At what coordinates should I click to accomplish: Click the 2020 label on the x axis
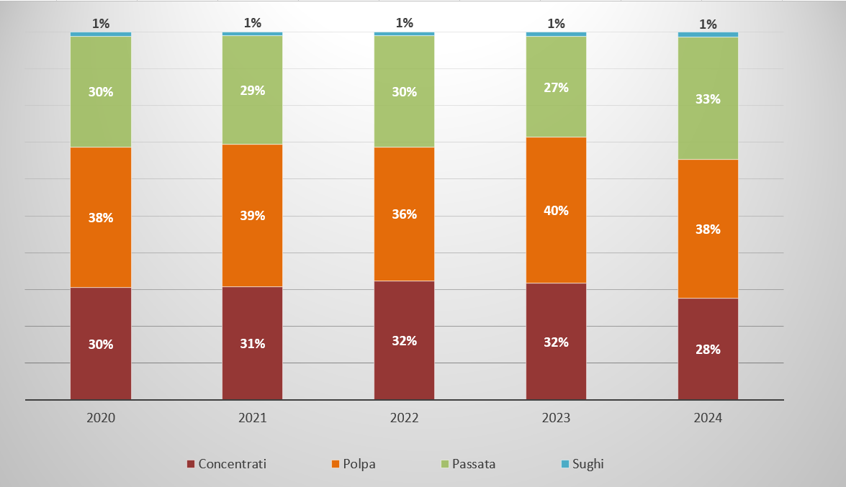click(101, 418)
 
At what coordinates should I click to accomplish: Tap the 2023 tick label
click(556, 418)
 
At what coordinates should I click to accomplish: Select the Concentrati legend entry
click(226, 464)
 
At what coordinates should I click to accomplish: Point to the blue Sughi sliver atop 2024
click(708, 35)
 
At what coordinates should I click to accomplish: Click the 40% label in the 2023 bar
click(556, 211)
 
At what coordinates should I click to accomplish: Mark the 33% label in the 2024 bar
click(708, 99)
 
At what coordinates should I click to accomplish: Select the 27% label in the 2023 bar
click(556, 88)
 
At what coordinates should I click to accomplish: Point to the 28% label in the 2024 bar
click(708, 350)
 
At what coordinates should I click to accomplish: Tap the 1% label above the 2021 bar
click(253, 23)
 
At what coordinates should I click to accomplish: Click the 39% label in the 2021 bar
click(253, 216)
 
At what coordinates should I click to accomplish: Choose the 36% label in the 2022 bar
click(404, 214)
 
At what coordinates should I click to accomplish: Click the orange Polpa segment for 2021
click(253, 245)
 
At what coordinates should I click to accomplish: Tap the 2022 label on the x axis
click(404, 418)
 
